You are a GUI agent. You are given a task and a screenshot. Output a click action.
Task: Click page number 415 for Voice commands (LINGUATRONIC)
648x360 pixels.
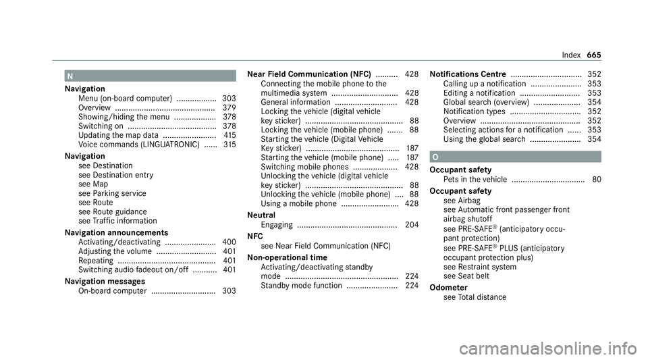point(230,145)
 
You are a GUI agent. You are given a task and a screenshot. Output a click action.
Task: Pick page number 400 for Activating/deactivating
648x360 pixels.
point(229,241)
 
